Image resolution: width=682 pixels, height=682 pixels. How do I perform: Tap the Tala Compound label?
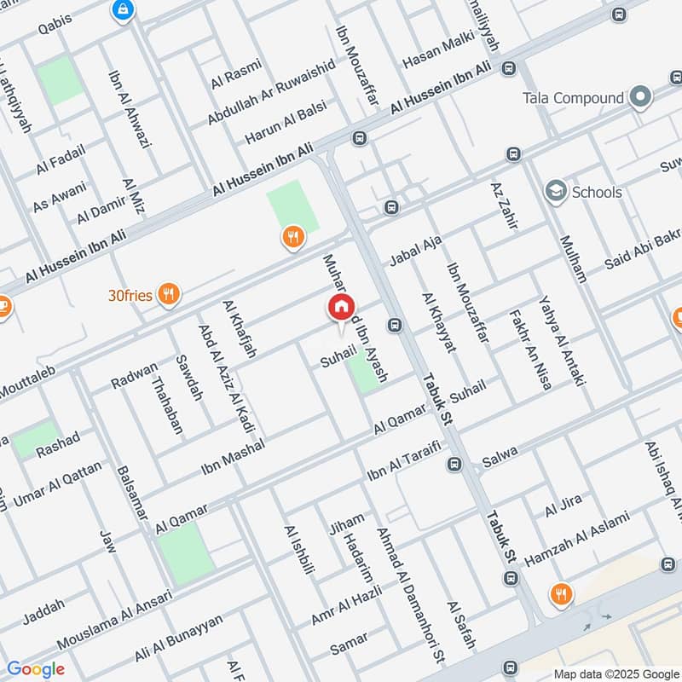click(x=574, y=98)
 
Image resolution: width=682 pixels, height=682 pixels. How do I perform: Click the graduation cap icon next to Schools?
click(x=557, y=192)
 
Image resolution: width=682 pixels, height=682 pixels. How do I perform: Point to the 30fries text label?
click(x=130, y=296)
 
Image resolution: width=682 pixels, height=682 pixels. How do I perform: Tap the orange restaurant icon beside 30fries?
click(x=169, y=295)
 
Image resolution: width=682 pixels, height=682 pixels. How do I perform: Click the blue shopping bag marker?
click(x=123, y=9)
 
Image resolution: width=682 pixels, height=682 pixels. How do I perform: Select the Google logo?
click(x=36, y=669)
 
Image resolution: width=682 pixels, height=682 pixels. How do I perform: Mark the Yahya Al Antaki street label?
click(x=563, y=341)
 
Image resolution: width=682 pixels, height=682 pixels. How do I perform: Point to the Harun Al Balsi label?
click(x=285, y=124)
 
